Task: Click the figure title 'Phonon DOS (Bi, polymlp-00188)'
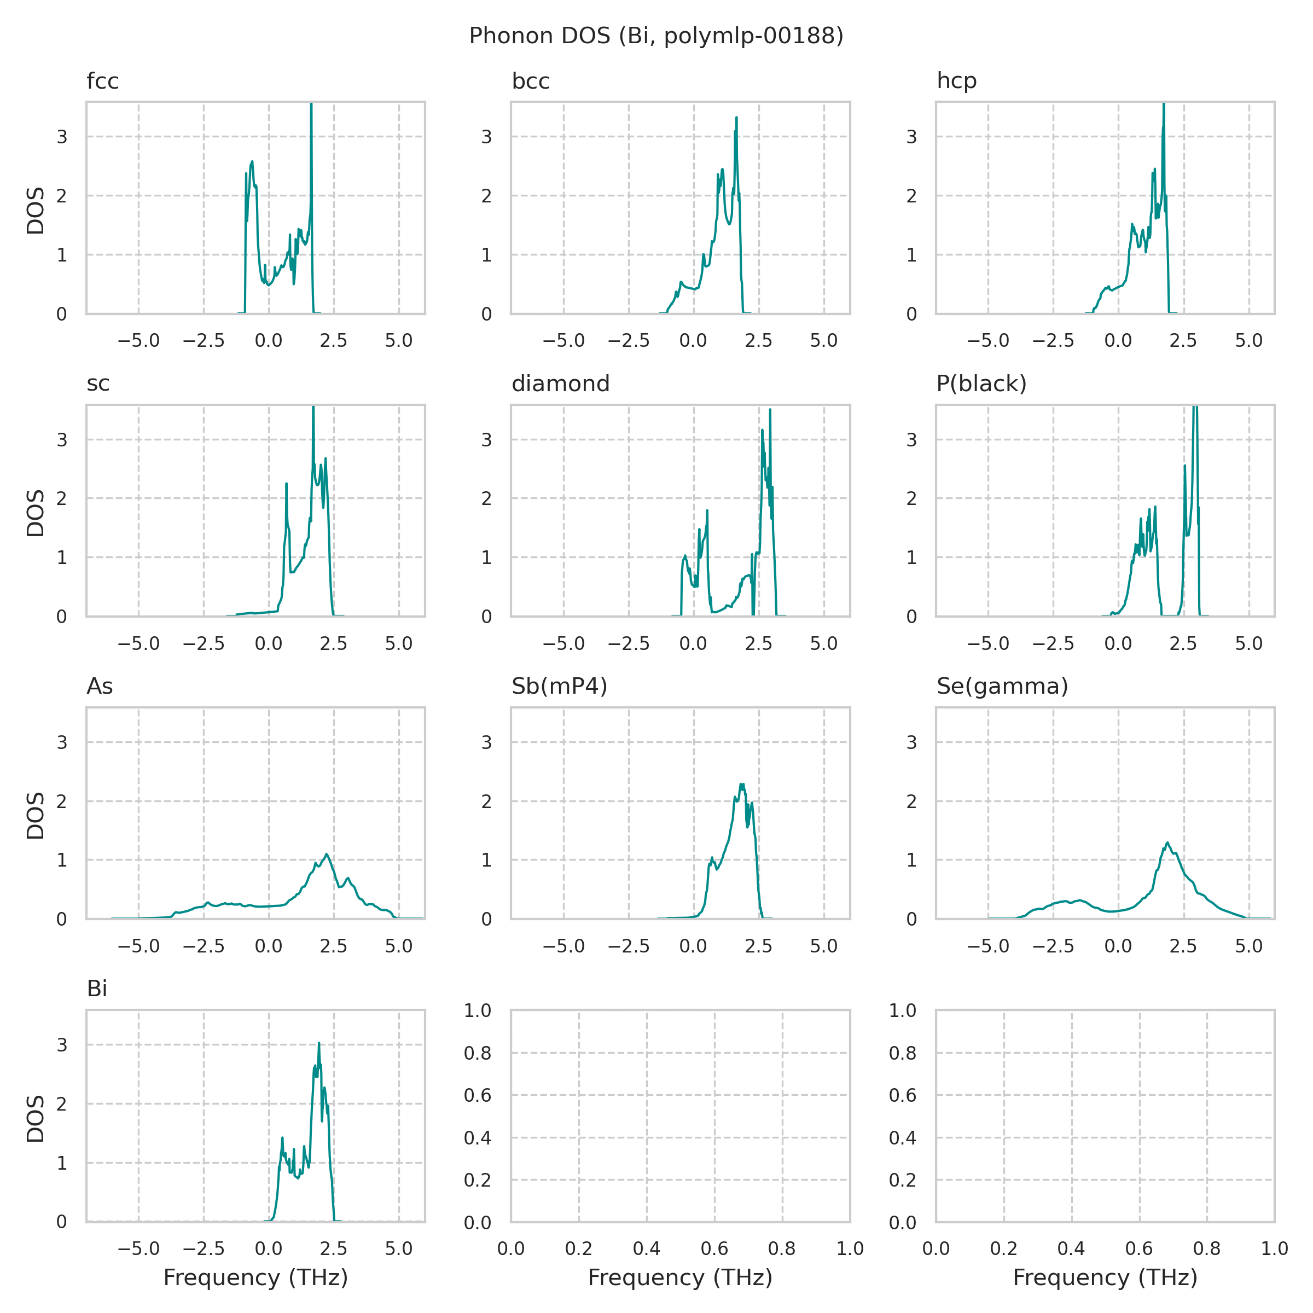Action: point(656,36)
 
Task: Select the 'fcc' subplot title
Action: point(103,82)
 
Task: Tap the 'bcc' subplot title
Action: point(531,82)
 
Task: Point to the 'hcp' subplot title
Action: point(956,82)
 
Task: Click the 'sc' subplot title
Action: point(98,384)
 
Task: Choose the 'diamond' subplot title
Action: point(561,384)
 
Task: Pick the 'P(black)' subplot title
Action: point(981,384)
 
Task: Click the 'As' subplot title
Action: point(100,687)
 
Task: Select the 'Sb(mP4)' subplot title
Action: point(559,687)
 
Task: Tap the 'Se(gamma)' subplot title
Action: point(1002,687)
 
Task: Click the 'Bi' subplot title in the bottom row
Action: point(97,989)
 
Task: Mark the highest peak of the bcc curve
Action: point(736,118)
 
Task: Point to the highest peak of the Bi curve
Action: point(319,1043)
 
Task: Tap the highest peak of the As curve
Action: point(327,854)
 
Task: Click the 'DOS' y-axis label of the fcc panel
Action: point(36,211)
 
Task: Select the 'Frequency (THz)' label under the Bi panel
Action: point(255,1277)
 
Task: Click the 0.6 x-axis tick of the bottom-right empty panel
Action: point(1139,1249)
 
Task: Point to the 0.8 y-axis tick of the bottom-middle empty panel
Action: point(478,1053)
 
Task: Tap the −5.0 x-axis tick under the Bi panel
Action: point(138,1249)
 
